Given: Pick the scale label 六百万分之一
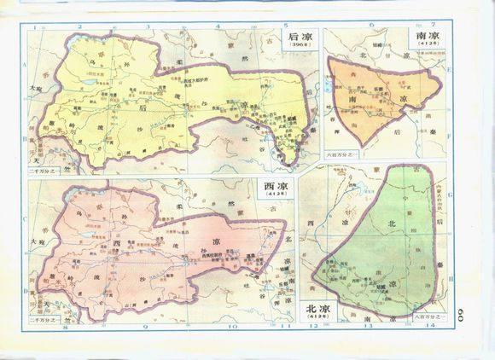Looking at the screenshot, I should [340, 154].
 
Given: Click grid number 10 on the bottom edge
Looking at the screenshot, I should [230, 326].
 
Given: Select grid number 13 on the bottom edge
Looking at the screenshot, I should [369, 326].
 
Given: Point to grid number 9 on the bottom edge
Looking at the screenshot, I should [145, 326].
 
